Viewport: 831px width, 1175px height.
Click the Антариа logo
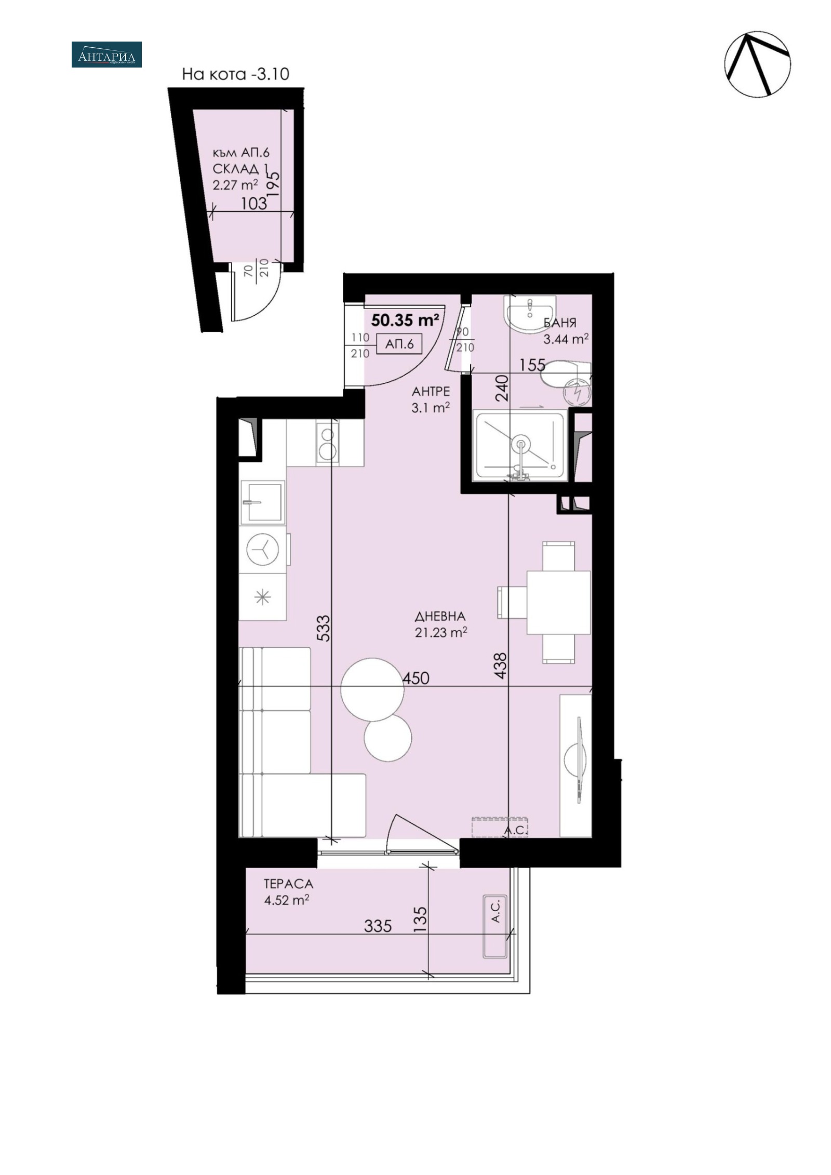(x=106, y=55)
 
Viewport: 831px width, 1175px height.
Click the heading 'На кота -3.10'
(x=235, y=74)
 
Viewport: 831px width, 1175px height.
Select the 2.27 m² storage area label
(x=235, y=185)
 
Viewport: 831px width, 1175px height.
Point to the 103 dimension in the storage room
(x=254, y=203)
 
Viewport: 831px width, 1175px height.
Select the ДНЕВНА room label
(x=440, y=617)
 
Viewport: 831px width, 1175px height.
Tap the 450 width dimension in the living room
(x=415, y=677)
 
